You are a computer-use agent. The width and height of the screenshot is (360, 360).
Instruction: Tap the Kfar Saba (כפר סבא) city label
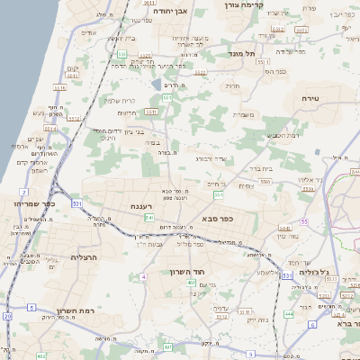(x=219, y=218)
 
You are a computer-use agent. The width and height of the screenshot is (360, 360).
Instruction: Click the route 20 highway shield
(x=8, y=316)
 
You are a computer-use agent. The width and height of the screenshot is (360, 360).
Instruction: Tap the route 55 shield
(x=305, y=220)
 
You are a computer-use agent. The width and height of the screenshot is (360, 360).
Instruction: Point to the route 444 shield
(x=289, y=314)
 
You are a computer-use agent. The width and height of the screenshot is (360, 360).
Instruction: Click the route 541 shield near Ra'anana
(x=149, y=219)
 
